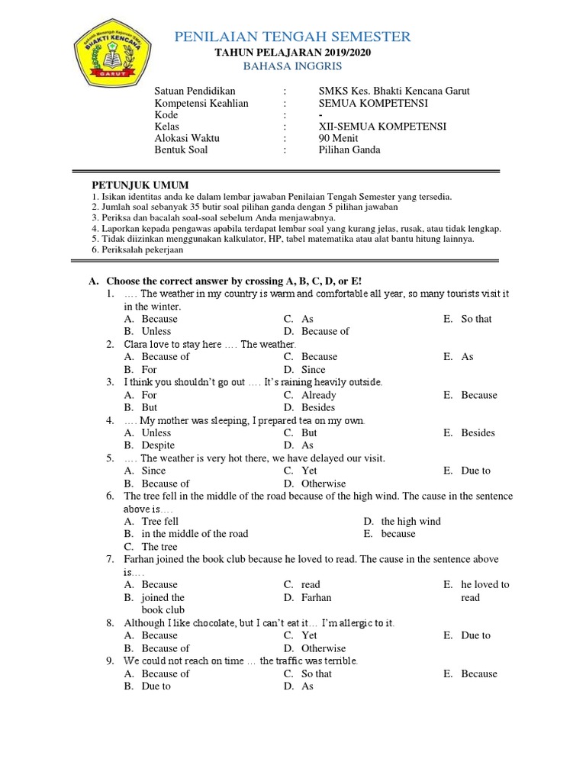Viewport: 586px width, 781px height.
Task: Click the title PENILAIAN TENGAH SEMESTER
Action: point(293,37)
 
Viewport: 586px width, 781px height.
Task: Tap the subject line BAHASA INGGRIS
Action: point(293,66)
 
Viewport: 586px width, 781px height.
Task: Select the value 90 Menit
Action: point(338,138)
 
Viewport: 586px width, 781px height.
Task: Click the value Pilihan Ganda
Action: point(349,150)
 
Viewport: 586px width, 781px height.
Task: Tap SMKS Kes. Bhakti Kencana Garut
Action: point(394,91)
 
